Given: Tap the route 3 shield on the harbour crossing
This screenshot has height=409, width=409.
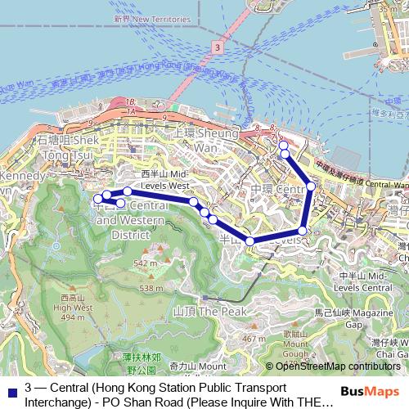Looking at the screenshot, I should point(215,49).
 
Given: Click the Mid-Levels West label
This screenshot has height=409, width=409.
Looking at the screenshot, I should point(165,180).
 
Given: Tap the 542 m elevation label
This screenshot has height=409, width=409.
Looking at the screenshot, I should point(145,263).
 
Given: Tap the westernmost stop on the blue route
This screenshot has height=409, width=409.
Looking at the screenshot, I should point(97,198).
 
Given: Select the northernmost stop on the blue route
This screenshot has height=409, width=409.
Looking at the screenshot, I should point(283,145).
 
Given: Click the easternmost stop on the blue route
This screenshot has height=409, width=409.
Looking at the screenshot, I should point(311,187).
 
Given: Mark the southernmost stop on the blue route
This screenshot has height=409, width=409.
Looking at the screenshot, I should point(250,240).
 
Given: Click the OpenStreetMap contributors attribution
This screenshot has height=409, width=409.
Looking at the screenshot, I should point(338,367).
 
